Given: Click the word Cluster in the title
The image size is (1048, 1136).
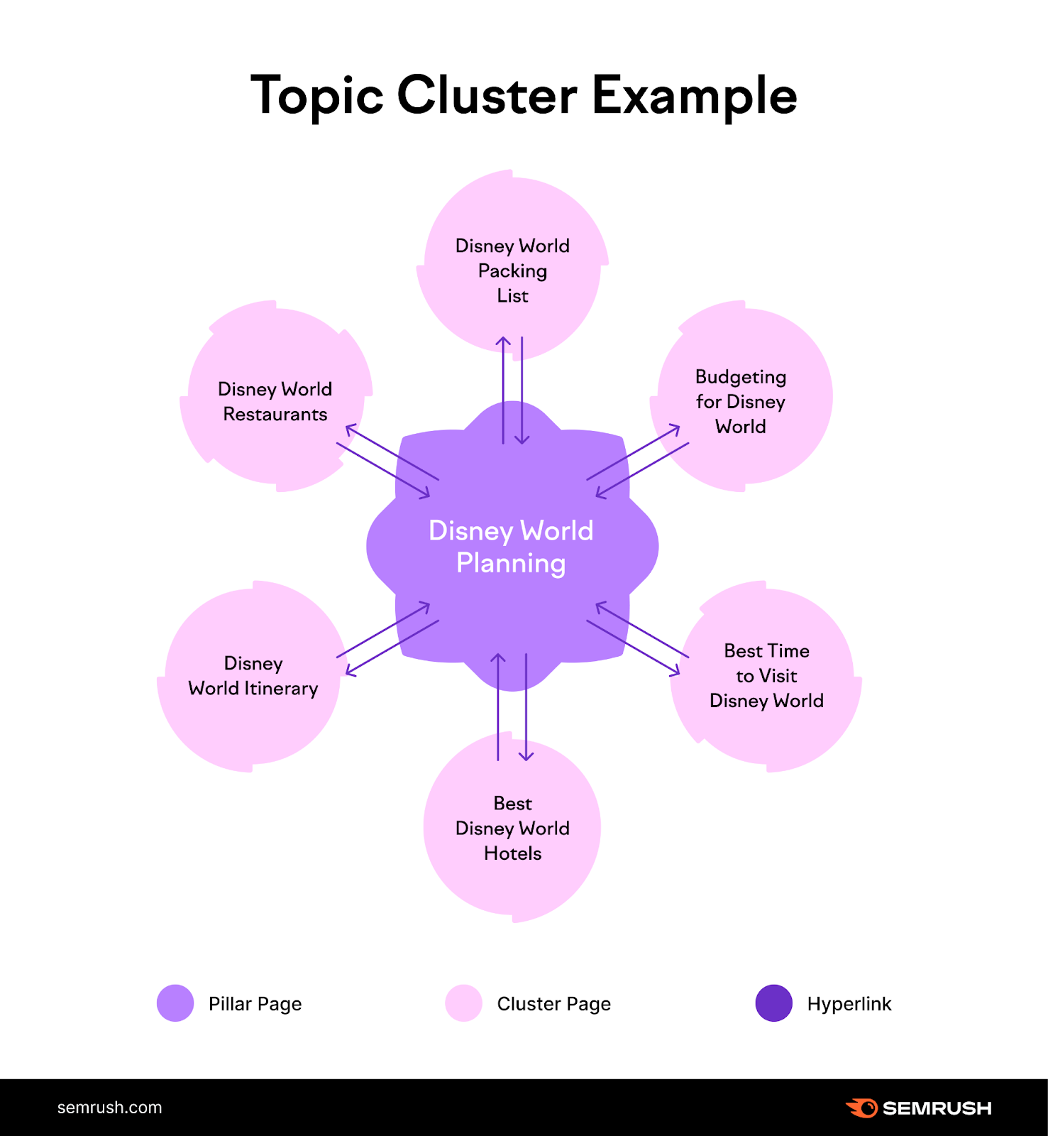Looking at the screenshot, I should click(x=487, y=95).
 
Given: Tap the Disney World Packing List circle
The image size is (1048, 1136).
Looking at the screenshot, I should click(x=512, y=270).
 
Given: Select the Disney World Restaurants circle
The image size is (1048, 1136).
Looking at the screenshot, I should click(x=275, y=401).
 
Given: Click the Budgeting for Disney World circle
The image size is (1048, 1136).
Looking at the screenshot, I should click(x=741, y=400).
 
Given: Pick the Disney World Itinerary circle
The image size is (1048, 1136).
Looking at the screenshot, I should click(x=253, y=675).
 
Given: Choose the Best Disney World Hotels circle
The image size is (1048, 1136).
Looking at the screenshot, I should click(x=512, y=828).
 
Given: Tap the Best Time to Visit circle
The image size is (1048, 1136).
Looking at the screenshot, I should click(x=766, y=675).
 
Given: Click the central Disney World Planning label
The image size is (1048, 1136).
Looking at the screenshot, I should click(x=511, y=546).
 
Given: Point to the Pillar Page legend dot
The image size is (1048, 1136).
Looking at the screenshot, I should click(x=175, y=1003).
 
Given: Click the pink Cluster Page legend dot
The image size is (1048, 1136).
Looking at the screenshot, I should click(x=463, y=1003).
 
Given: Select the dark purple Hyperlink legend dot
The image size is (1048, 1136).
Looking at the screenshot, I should click(x=773, y=1003).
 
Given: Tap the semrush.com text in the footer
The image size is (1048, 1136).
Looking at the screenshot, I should click(x=109, y=1108).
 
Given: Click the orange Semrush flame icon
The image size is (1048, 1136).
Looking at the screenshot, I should click(x=862, y=1108).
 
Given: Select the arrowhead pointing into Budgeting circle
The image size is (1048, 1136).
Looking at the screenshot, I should click(x=676, y=428).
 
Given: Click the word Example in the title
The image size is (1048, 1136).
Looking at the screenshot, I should click(x=694, y=95).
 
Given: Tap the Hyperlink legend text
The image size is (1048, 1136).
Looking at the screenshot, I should click(x=849, y=1004).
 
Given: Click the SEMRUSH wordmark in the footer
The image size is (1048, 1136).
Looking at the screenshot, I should click(x=937, y=1108).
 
